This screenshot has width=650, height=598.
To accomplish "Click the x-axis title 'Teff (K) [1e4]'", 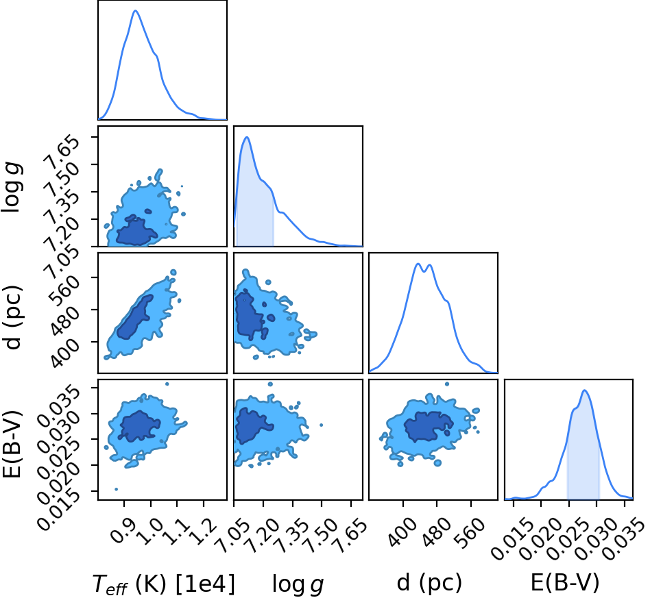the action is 164,584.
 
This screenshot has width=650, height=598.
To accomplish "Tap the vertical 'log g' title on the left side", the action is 12,188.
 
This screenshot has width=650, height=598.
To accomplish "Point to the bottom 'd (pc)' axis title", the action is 429,583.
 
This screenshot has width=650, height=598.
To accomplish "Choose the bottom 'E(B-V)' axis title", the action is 565,583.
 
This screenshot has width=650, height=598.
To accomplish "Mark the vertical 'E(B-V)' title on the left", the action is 12,443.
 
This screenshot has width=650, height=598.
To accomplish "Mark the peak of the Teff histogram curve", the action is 136,11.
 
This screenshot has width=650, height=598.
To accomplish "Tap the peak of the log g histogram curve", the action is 247,137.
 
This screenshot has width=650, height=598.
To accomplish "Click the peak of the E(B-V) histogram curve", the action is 584,390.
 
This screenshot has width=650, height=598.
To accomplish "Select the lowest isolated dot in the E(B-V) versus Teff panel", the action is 116,489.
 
